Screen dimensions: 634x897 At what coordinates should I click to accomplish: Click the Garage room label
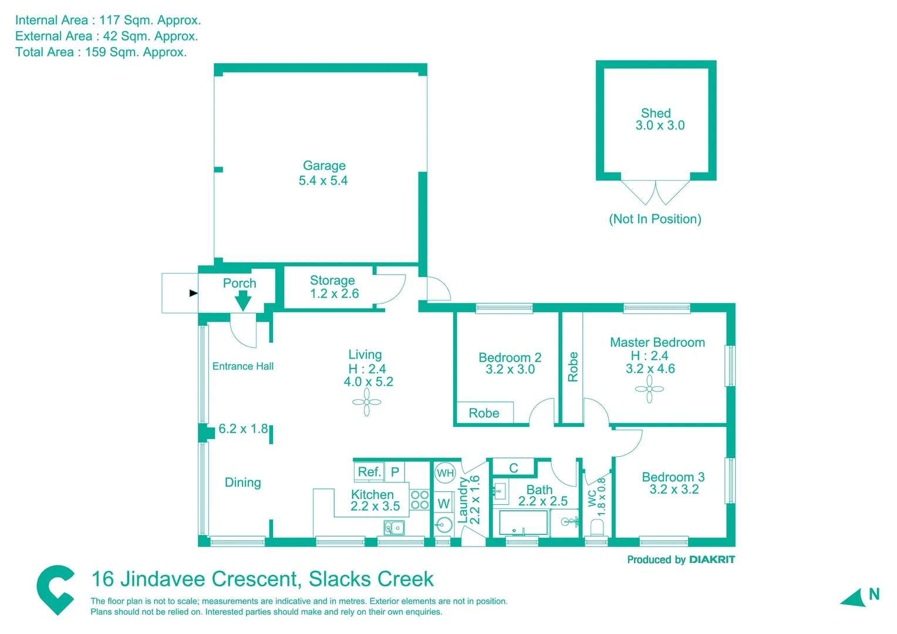point(324,166)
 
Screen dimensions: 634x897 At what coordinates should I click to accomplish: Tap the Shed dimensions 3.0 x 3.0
point(660,126)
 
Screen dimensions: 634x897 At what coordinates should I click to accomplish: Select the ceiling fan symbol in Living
point(367,403)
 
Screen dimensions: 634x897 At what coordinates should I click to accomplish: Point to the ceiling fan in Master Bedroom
point(649,389)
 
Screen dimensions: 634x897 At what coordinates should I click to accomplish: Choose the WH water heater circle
point(445,473)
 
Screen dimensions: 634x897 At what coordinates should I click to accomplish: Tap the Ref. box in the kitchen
point(369,472)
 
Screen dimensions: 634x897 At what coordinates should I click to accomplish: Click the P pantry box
point(395,472)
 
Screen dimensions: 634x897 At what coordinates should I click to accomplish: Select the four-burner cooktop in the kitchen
point(420,500)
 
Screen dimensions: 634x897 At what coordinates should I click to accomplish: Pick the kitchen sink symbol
point(394,528)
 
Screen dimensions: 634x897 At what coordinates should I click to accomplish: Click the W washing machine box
point(444,504)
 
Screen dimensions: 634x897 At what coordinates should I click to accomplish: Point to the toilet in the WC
point(597,527)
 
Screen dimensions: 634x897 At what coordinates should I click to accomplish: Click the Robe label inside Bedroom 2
point(484,413)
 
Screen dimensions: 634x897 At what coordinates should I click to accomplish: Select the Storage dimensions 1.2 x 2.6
point(334,294)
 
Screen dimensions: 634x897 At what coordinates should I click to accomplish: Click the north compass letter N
point(874,595)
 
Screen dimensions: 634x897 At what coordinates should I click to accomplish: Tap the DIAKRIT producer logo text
point(711,560)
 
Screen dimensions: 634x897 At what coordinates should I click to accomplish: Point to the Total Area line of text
point(101,52)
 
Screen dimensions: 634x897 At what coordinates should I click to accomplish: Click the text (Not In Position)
point(655,219)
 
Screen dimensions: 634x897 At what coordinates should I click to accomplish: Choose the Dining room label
point(242,483)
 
